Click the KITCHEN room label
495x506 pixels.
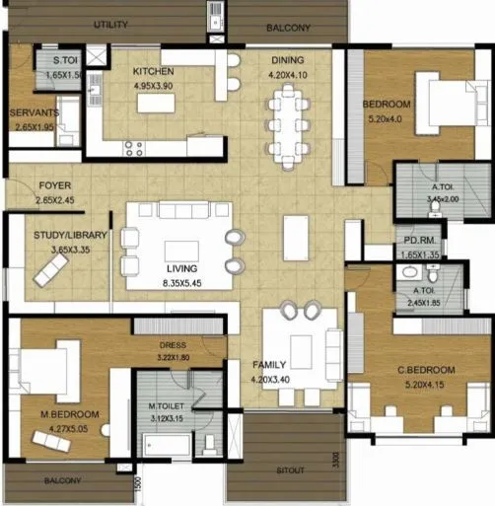click(x=153, y=71)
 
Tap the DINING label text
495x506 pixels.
click(x=288, y=59)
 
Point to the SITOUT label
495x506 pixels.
click(x=289, y=470)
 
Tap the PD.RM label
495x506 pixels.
click(x=413, y=240)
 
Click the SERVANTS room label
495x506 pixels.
click(x=35, y=112)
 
